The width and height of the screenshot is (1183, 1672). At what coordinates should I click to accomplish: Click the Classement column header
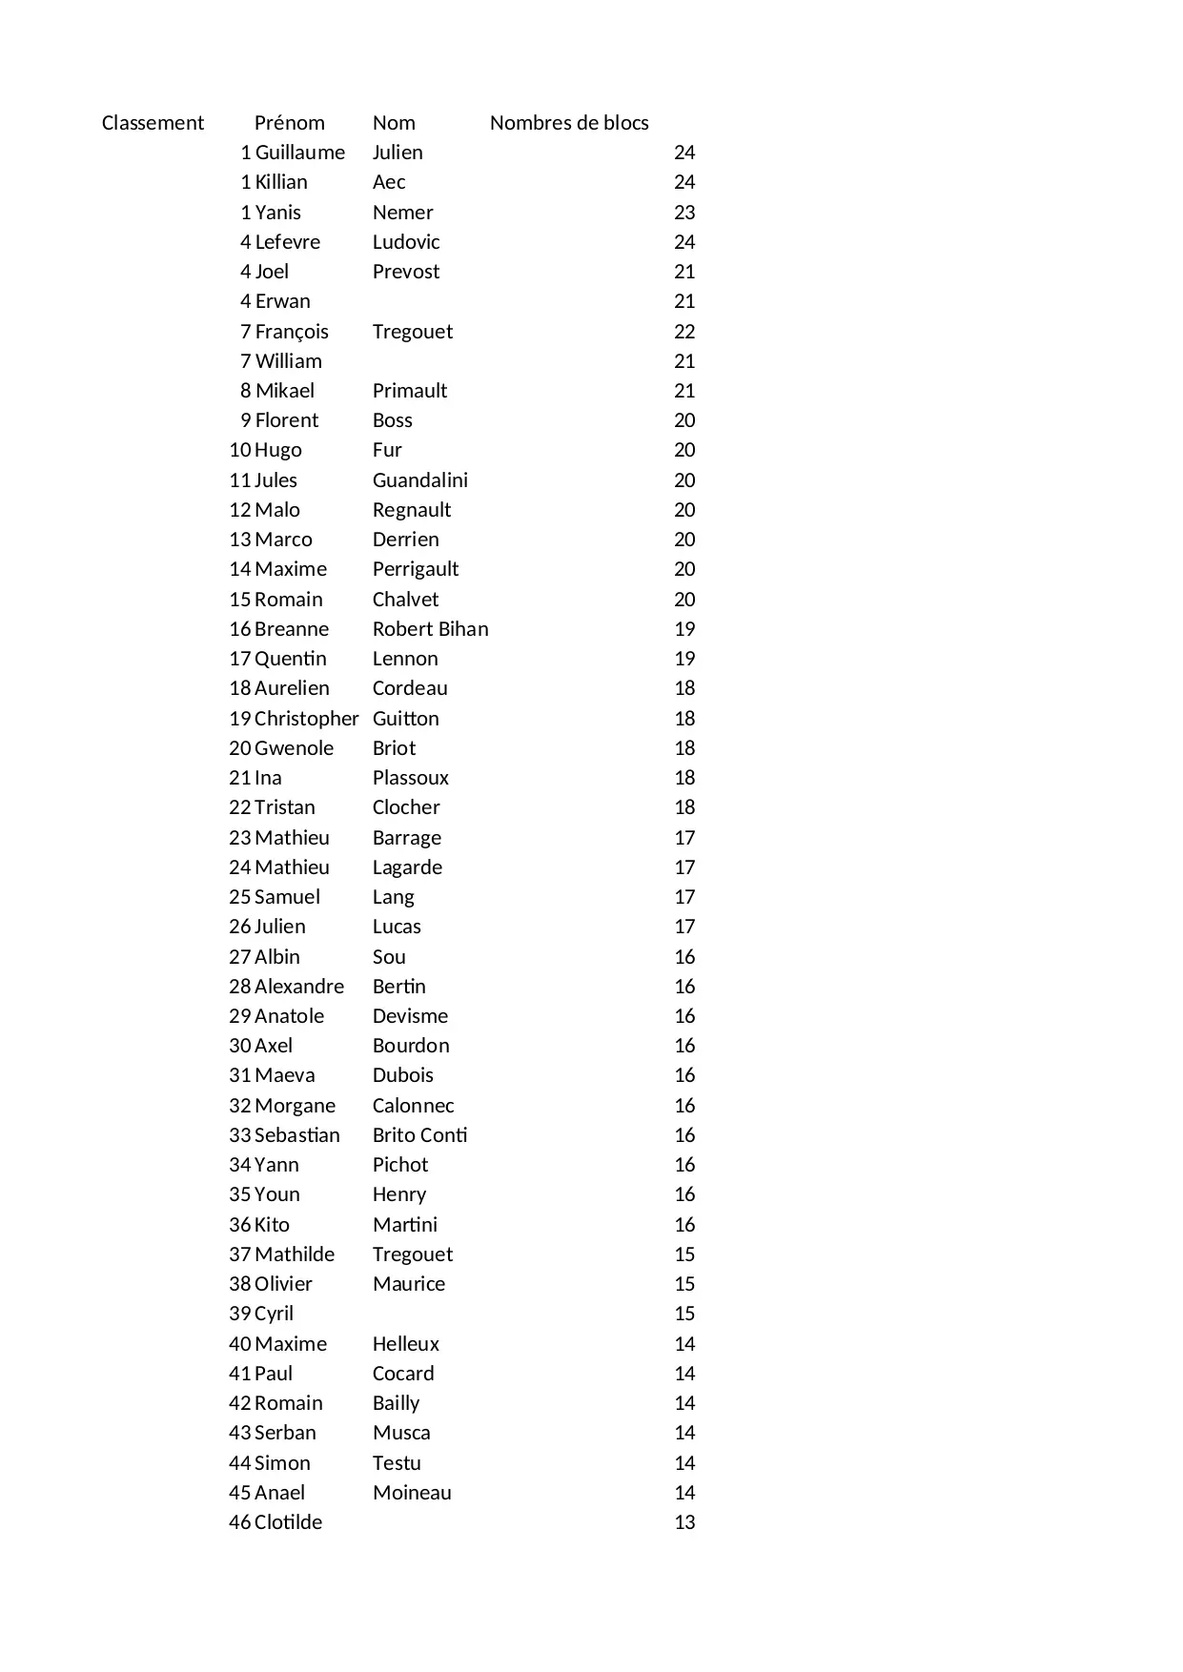153,123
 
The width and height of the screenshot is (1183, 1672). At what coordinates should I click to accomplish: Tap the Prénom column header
289,123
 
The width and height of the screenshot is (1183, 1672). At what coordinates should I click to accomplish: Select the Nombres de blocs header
569,123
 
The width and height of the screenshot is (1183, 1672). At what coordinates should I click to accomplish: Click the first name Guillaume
300,153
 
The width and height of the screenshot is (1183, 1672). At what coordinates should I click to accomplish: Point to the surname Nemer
402,213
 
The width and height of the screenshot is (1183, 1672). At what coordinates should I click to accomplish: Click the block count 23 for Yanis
684,213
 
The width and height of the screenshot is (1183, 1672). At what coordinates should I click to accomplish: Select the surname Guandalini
419,480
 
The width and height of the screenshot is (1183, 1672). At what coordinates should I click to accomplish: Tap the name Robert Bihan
430,629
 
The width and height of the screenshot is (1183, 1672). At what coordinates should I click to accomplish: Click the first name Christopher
307,719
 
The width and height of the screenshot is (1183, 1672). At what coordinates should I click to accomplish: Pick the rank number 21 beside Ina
239,778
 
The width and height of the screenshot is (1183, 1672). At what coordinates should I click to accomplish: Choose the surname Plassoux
410,778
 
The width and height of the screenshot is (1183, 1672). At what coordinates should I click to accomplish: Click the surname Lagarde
407,867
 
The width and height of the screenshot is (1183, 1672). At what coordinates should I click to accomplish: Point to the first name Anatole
290,1016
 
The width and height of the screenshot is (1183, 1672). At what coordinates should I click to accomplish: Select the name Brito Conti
419,1135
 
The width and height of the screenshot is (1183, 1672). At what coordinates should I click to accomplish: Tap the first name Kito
273,1225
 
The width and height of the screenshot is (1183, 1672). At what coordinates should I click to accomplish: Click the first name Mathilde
295,1254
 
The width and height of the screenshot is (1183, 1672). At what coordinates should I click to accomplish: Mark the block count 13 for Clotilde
684,1522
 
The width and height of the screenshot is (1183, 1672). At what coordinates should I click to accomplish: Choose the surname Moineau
412,1493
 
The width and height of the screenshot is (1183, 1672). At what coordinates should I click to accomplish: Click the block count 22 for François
684,332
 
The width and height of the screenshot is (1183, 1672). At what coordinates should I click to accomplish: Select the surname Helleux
405,1344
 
